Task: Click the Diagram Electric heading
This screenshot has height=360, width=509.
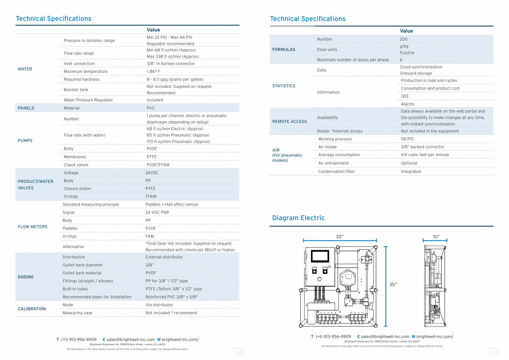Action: pyautogui.click(x=298, y=218)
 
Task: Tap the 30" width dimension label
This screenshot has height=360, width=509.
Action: pyautogui.click(x=339, y=237)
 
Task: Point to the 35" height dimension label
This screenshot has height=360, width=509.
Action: pyautogui.click(x=393, y=285)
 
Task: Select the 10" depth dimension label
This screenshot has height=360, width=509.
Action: pyautogui.click(x=436, y=237)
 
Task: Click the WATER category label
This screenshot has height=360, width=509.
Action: pyautogui.click(x=25, y=69)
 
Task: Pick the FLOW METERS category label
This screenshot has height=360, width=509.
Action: pyautogui.click(x=33, y=227)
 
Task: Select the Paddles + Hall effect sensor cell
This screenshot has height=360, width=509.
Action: pyautogui.click(x=172, y=204)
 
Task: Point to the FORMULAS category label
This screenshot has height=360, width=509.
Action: pyautogui.click(x=284, y=50)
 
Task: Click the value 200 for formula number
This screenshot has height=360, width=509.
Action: pyautogui.click(x=403, y=39)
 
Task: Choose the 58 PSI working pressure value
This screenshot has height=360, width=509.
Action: pyautogui.click(x=407, y=139)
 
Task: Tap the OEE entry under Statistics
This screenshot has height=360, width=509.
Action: pyautogui.click(x=405, y=96)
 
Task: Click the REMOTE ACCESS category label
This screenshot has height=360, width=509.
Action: pyautogui.click(x=289, y=122)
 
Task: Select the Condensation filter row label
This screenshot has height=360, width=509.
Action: pyautogui.click(x=336, y=171)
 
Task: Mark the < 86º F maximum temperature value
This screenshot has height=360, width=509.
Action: pyautogui.click(x=153, y=72)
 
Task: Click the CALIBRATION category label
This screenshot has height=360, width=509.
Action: pyautogui.click(x=32, y=309)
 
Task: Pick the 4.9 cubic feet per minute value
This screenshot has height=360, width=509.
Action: pyautogui.click(x=425, y=155)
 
